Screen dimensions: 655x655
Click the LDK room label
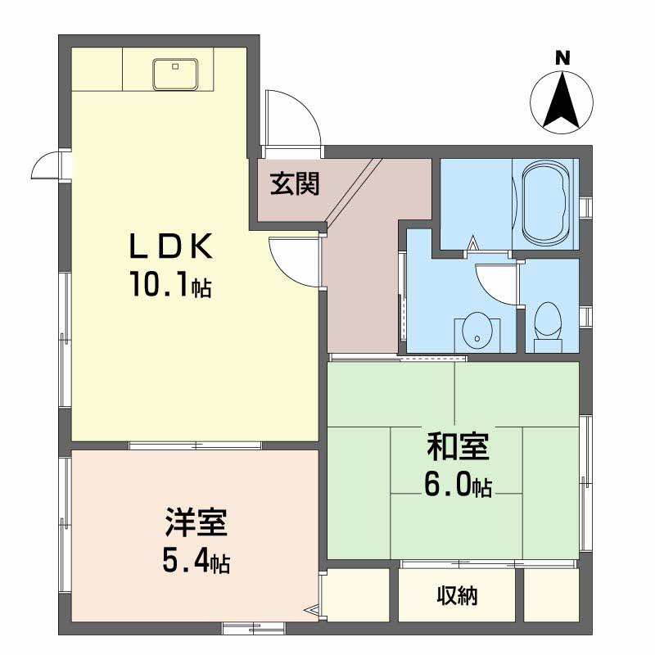(x=170, y=246)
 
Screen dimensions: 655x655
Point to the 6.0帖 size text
(x=456, y=486)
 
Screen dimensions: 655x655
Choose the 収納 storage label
(x=456, y=596)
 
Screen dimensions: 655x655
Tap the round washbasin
(x=476, y=330)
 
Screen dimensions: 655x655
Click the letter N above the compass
(x=562, y=58)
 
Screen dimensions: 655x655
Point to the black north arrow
(x=562, y=102)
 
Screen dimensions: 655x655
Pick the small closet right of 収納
(x=550, y=594)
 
